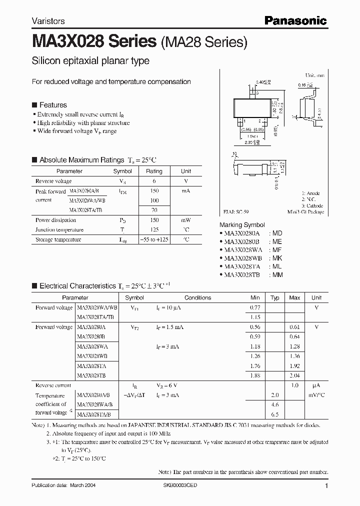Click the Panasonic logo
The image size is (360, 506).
(x=295, y=20)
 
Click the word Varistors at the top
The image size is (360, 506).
(x=48, y=21)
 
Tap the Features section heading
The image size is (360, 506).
(x=53, y=105)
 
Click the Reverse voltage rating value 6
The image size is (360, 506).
(x=153, y=181)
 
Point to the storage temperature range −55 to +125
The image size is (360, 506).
(x=153, y=239)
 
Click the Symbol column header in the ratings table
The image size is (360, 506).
(x=122, y=171)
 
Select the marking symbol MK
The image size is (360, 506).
(x=276, y=258)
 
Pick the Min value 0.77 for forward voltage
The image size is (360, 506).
(x=254, y=307)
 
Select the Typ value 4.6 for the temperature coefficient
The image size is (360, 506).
(x=274, y=404)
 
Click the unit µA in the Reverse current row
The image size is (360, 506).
(x=316, y=385)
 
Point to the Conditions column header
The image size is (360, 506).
(x=197, y=297)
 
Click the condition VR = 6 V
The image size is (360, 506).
(x=168, y=385)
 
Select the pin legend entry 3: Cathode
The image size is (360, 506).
(x=312, y=205)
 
